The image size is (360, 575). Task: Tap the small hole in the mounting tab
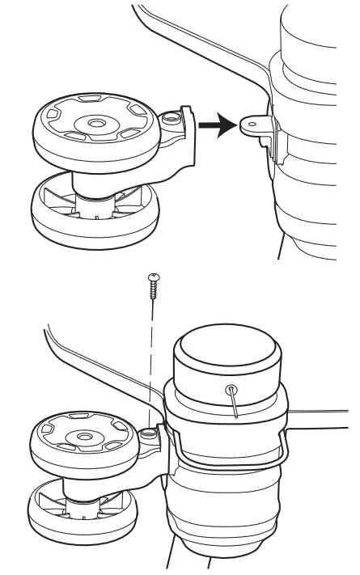[251, 124]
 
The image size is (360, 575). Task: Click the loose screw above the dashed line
[153, 285]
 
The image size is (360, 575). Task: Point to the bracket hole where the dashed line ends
[150, 435]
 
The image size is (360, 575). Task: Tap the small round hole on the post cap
[232, 389]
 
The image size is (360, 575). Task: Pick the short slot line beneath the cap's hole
[235, 405]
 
